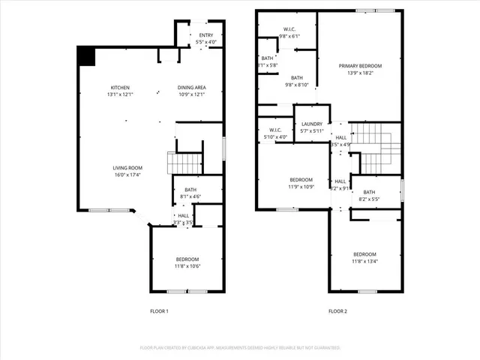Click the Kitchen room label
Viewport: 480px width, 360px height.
(x=115, y=88)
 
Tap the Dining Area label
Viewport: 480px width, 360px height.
(x=192, y=88)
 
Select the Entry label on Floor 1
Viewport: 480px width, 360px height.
(x=205, y=34)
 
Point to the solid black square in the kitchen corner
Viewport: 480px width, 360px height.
(x=85, y=55)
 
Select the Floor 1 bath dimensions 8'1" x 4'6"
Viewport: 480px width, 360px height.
(x=188, y=199)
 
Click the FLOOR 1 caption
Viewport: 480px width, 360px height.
(x=160, y=311)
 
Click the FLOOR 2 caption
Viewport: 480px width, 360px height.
(x=337, y=311)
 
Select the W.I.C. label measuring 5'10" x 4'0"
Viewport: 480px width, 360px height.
(x=274, y=137)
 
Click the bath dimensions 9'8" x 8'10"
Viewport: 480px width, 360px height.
(x=296, y=85)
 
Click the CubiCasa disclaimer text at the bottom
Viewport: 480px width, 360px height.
(x=240, y=348)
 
